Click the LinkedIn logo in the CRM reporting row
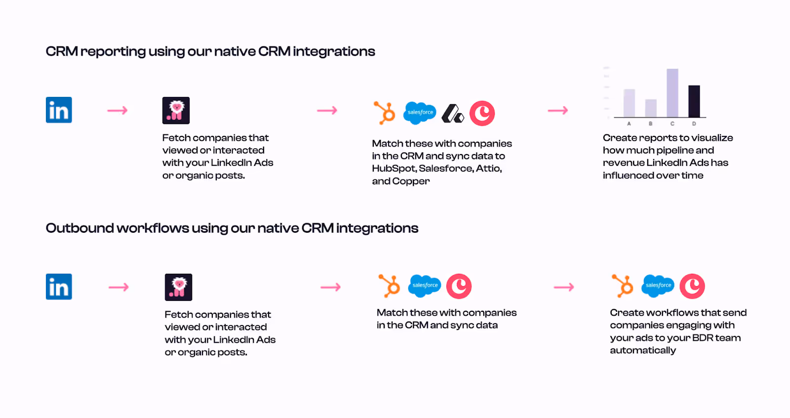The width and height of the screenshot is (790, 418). (x=59, y=110)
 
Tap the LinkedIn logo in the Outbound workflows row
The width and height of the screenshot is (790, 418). (x=59, y=287)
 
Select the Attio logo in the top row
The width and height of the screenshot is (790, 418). (x=452, y=113)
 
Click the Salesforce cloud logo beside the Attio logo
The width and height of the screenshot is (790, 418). (x=420, y=113)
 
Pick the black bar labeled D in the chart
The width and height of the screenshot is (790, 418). (x=694, y=101)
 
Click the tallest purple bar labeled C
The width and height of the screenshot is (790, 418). (x=672, y=92)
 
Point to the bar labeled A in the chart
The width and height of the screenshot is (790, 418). (x=629, y=103)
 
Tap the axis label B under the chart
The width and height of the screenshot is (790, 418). (x=651, y=124)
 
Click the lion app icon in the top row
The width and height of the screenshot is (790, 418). (x=176, y=110)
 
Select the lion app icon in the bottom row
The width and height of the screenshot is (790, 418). (x=178, y=287)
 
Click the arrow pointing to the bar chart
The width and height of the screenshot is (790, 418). (x=558, y=110)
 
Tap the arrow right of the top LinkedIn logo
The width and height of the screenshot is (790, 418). (x=118, y=110)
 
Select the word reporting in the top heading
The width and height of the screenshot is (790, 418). (x=113, y=52)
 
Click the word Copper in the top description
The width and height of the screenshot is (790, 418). (x=411, y=181)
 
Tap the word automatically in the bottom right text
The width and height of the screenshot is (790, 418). (x=642, y=350)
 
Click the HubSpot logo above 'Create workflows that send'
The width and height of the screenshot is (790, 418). (x=622, y=286)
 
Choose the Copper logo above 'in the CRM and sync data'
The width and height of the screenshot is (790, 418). (x=459, y=286)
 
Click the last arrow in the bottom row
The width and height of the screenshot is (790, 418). (x=564, y=287)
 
